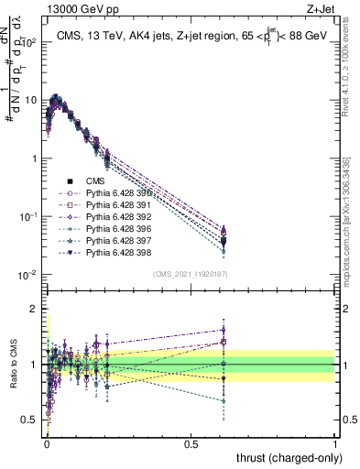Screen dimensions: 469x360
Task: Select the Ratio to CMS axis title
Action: (x=13, y=364)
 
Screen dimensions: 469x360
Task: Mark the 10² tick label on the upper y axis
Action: (x=28, y=42)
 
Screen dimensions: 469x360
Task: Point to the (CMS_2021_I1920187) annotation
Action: (x=191, y=272)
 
